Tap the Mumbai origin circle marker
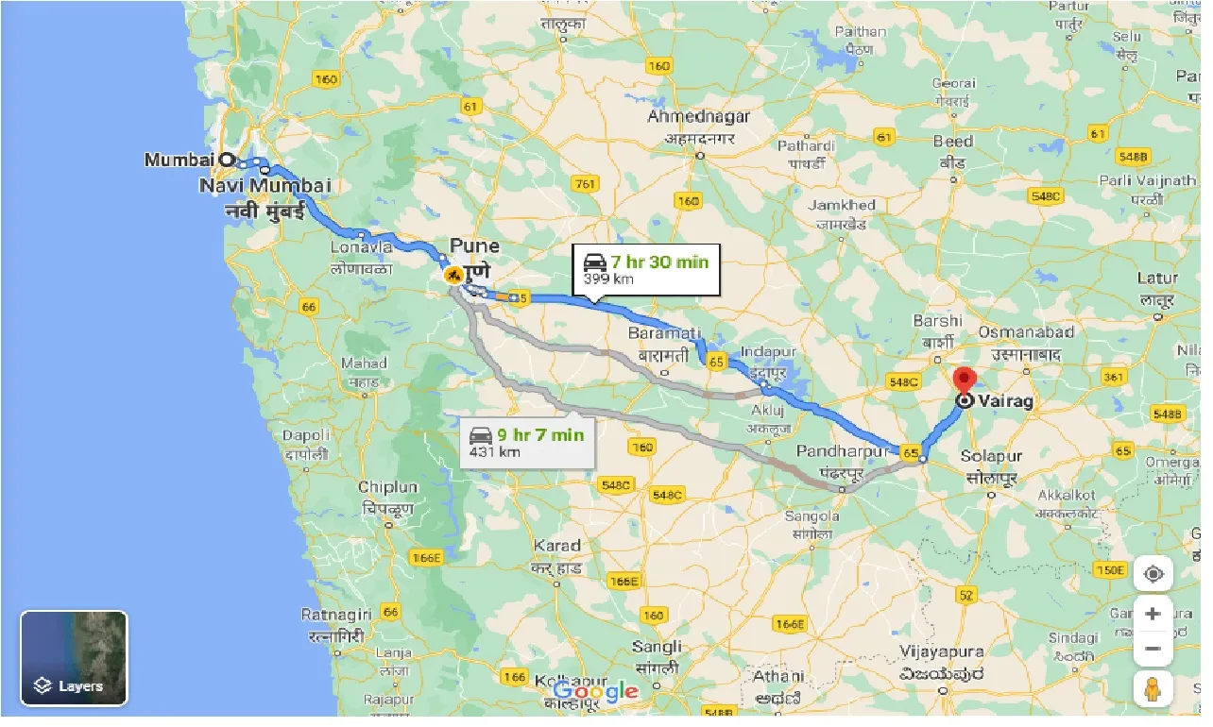227,160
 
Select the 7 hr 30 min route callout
646,269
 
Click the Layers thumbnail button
74,658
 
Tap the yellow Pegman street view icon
1153,690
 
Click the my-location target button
1153,574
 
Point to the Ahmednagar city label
699,117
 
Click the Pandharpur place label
843,451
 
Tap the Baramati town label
665,333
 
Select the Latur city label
1157,279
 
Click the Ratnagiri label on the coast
335,615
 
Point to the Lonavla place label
362,247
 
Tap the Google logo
595,692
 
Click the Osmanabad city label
1026,332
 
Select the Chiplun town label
387,487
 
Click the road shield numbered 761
586,184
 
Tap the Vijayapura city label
940,651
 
